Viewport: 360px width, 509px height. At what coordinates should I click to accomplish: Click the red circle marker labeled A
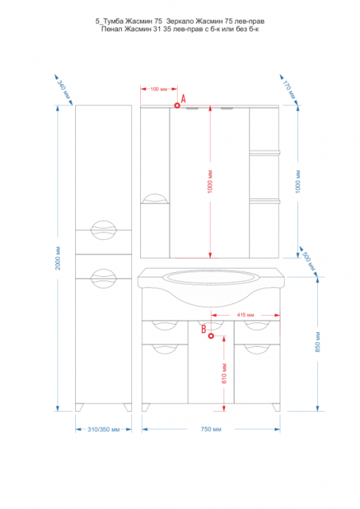[177, 105]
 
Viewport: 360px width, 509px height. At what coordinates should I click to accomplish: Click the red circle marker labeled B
[211, 336]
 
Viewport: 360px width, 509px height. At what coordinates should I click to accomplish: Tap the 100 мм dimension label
[159, 89]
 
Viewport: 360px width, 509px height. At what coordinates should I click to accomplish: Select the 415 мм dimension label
[246, 315]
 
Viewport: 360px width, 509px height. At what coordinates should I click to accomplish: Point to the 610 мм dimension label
[224, 373]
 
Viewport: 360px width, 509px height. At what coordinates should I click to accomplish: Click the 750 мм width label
[211, 429]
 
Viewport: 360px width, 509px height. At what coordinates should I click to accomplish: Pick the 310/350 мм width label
[103, 429]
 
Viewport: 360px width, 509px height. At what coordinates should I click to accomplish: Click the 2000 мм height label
[58, 258]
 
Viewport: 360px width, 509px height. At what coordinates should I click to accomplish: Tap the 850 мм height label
[318, 342]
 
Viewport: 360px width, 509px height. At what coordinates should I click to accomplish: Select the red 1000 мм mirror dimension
[210, 181]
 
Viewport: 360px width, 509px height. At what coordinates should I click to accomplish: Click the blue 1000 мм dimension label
[298, 181]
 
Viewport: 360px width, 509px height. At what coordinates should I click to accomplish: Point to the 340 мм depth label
[63, 89]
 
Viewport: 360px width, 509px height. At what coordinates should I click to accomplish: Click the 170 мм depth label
[289, 90]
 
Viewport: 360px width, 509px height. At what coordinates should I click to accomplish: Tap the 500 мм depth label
[308, 261]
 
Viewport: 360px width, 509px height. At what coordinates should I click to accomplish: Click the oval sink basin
[211, 279]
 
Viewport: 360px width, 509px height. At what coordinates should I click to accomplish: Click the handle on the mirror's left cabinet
[156, 198]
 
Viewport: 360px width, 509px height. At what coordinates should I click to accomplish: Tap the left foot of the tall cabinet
[79, 407]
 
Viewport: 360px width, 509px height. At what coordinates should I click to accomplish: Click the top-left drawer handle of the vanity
[165, 325]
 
